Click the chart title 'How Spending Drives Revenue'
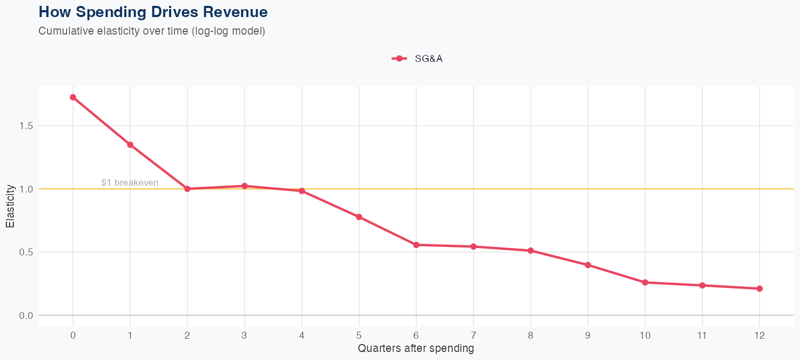point(153,12)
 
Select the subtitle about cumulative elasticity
point(151,31)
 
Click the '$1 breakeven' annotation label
point(130,182)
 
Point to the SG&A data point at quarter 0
point(73,97)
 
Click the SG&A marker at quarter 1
point(130,145)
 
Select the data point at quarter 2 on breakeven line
point(187,189)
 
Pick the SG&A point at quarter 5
point(359,217)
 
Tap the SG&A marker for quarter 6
point(416,245)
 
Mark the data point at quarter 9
point(588,265)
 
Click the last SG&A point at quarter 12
point(759,289)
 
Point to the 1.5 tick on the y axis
point(25,126)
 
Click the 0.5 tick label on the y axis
point(25,252)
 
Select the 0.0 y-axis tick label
point(25,316)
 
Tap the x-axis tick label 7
point(473,335)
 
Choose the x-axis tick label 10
point(645,335)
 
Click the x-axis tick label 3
point(244,335)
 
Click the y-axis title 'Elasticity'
point(10,206)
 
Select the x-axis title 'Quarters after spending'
point(416,349)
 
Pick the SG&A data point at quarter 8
point(531,251)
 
